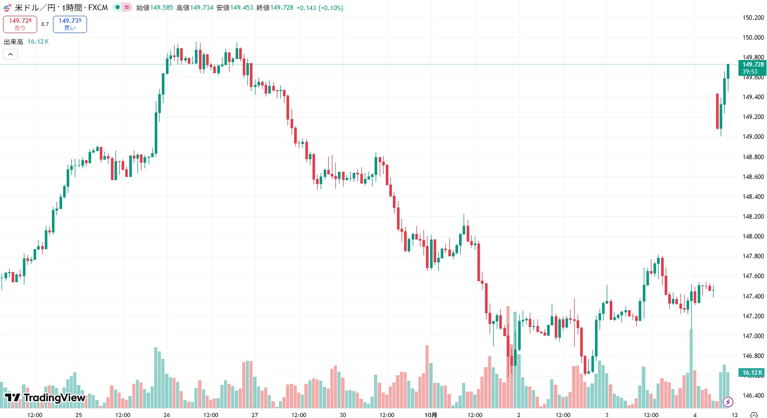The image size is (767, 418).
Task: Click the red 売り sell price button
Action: pos(20,24)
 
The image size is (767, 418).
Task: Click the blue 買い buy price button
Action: pos(70,24)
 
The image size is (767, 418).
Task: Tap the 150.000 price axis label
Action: pos(753,37)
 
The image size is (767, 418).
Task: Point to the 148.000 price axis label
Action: pos(753,236)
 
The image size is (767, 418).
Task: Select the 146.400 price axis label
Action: pos(753,396)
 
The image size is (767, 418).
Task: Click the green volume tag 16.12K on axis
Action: pos(752,373)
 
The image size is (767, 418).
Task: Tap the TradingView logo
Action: pos(45,398)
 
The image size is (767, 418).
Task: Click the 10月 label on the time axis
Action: pos(431,415)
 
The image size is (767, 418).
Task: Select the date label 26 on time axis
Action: pos(167,415)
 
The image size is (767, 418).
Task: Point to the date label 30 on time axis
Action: pos(343,415)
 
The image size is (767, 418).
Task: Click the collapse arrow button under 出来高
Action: pos(10,54)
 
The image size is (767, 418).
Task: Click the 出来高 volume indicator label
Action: pos(14,42)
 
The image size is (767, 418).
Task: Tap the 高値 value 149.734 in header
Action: pos(202,8)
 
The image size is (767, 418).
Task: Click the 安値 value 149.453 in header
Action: pos(241,8)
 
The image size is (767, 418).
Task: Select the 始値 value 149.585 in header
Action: pos(161,8)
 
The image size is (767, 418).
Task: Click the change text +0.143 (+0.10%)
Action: pos(320,8)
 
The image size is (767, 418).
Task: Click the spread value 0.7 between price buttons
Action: pos(45,24)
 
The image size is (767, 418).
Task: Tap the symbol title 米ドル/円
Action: pos(35,8)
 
